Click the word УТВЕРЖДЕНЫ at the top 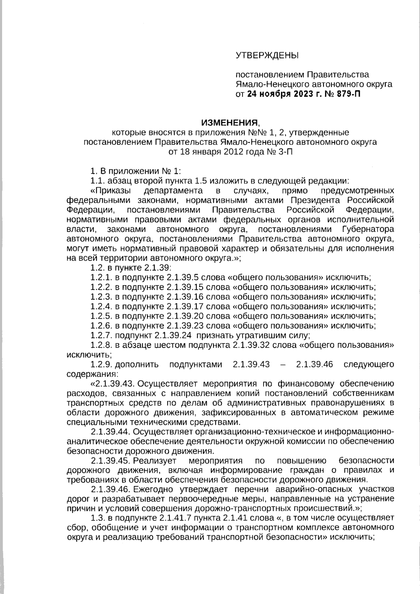coord(267,55)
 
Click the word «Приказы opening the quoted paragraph coord(111,191)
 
